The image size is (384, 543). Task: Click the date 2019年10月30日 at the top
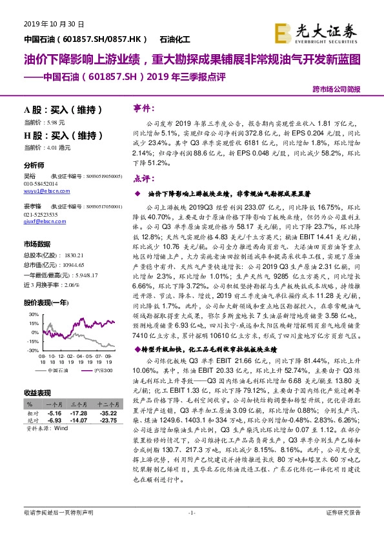pos(54,24)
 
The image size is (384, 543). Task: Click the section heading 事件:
pos(143,107)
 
